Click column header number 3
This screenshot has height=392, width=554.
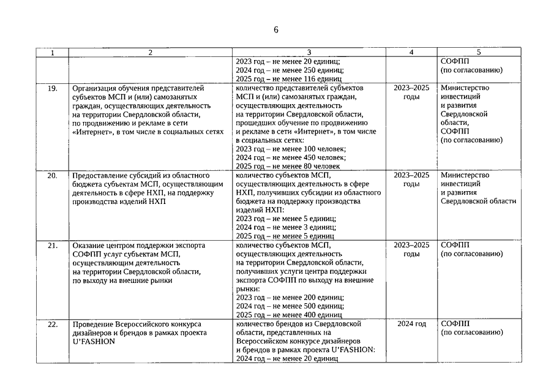309,53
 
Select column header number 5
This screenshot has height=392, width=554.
478,53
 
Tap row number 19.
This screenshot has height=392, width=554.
53,88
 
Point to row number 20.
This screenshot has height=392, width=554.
53,175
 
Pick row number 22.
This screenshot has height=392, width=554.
53,323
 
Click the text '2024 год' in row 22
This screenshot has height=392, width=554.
411,323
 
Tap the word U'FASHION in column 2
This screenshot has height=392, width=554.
94,341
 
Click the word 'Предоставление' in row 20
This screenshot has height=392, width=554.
102,175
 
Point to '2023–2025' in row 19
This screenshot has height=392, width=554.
411,88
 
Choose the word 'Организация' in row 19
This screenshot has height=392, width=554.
96,88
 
